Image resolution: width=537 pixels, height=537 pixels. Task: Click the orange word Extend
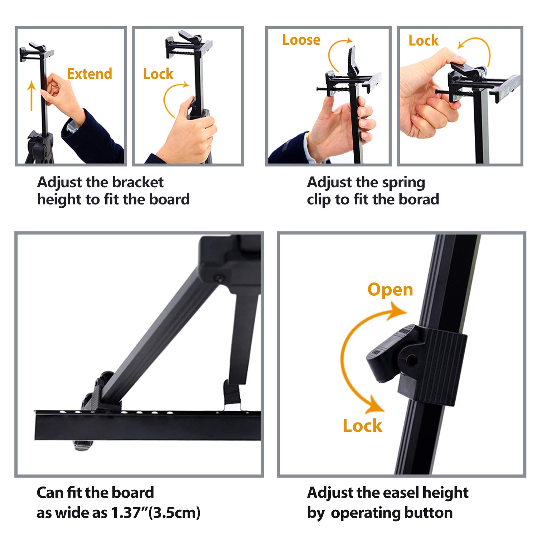(89, 74)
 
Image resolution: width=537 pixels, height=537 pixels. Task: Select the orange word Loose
(301, 40)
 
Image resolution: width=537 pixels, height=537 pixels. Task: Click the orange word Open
(390, 289)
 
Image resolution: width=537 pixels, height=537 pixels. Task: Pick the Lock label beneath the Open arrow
(362, 426)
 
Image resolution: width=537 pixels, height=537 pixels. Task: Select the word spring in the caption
(403, 182)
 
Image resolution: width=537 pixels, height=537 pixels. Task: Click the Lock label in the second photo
(158, 74)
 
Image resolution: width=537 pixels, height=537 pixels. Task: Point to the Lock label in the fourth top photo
(423, 40)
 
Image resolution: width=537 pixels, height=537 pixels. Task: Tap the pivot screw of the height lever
(411, 360)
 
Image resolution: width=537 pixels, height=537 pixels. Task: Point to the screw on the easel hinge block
(218, 278)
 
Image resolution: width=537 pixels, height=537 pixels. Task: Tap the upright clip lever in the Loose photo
(353, 61)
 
